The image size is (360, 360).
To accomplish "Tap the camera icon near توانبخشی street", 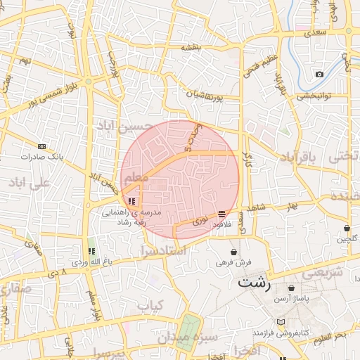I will tap(320, 75).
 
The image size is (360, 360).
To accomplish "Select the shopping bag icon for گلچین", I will tap(347, 228).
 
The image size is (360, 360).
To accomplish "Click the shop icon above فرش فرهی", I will tap(233, 251).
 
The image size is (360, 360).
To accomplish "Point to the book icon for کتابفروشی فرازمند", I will tap(281, 321).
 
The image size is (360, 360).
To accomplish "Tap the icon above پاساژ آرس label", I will tap(291, 288).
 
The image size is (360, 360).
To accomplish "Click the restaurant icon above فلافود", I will tap(221, 214).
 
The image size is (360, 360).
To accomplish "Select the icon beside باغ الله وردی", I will tap(91, 251).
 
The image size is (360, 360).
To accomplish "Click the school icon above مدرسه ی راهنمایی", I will tap(131, 201).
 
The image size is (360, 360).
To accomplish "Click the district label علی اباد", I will tap(29, 184).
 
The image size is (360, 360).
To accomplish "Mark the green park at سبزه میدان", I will tap(188, 331).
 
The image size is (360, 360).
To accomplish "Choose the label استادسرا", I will tap(162, 250).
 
